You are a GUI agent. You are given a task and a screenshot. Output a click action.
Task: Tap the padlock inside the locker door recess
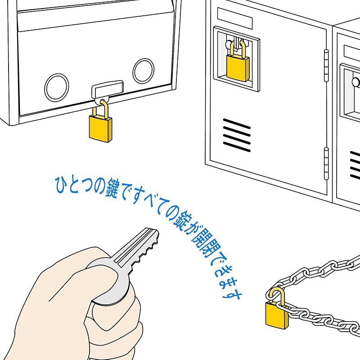pyautogui.click(x=237, y=66)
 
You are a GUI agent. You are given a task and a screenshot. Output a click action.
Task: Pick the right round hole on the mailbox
pyautogui.click(x=144, y=71)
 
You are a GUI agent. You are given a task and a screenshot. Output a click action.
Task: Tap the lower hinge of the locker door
pyautogui.click(x=326, y=161)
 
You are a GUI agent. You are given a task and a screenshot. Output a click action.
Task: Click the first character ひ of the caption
pyautogui.click(x=61, y=184)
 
